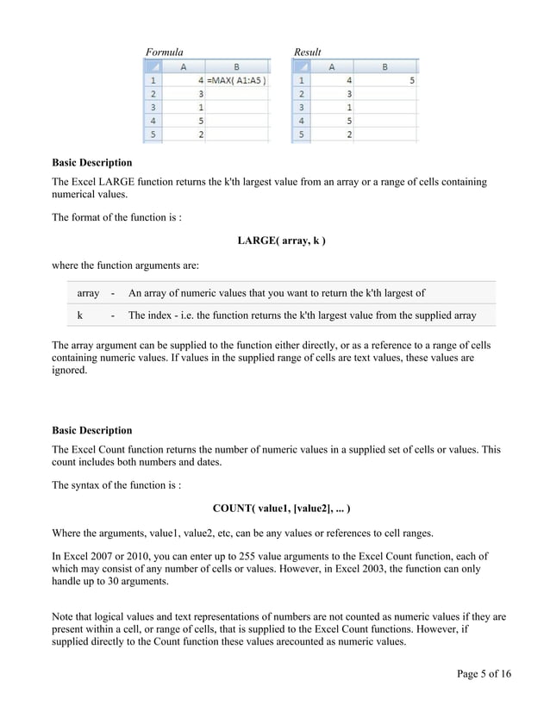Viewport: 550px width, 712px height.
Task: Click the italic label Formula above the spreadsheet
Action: coord(164,53)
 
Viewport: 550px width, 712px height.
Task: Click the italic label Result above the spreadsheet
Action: coord(307,53)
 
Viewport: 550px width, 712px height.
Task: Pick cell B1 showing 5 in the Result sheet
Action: coord(385,81)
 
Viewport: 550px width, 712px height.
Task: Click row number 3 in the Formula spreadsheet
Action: coord(153,108)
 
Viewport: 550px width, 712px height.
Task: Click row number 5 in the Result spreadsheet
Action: coord(301,134)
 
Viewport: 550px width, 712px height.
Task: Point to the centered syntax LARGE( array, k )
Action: coord(281,240)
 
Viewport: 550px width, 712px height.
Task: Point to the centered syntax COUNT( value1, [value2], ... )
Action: coord(281,509)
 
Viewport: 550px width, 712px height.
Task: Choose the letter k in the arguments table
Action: coord(80,315)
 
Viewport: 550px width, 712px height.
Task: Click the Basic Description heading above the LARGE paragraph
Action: coord(92,163)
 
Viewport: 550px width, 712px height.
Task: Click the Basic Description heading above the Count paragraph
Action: coord(92,430)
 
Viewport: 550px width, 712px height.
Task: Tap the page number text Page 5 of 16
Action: coord(484,673)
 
